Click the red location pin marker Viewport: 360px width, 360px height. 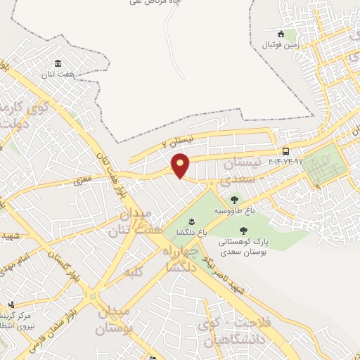point(181,165)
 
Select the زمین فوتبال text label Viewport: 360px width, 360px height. point(281,45)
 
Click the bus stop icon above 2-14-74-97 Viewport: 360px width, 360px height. point(285,151)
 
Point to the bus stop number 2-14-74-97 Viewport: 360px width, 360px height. point(285,162)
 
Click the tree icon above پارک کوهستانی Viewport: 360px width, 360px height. point(243,230)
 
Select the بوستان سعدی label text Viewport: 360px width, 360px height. point(242,250)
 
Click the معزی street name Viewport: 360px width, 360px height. point(84,180)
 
